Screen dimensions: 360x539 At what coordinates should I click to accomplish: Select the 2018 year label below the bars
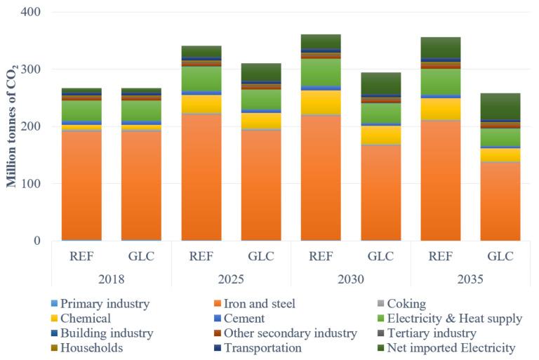(x=112, y=279)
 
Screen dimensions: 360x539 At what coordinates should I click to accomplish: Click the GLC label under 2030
(x=380, y=256)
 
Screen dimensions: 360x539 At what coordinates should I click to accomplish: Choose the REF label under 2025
(x=201, y=256)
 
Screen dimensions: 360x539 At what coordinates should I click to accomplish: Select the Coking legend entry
(x=401, y=304)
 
